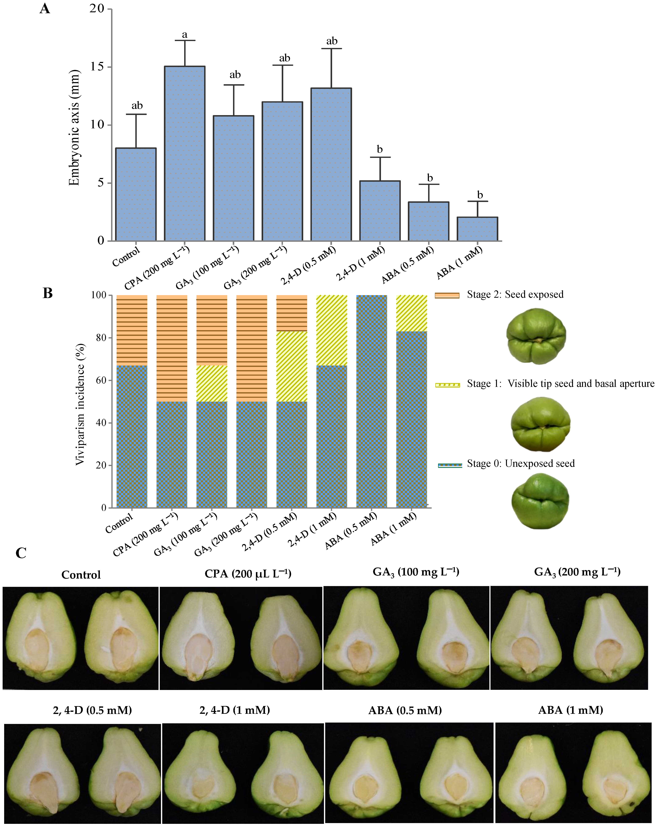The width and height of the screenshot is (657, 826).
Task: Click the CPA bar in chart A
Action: click(x=184, y=153)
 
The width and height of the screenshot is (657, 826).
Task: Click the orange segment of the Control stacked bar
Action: click(x=132, y=330)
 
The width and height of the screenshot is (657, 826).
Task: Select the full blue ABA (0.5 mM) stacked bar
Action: click(x=371, y=401)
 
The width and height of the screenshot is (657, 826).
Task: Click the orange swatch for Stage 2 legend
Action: click(x=447, y=295)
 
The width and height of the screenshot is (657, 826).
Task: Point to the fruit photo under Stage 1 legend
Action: click(x=540, y=424)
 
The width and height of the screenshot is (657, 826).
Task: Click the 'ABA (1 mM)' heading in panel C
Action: click(x=571, y=710)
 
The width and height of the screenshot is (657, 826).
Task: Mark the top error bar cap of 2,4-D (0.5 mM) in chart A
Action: click(x=331, y=49)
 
